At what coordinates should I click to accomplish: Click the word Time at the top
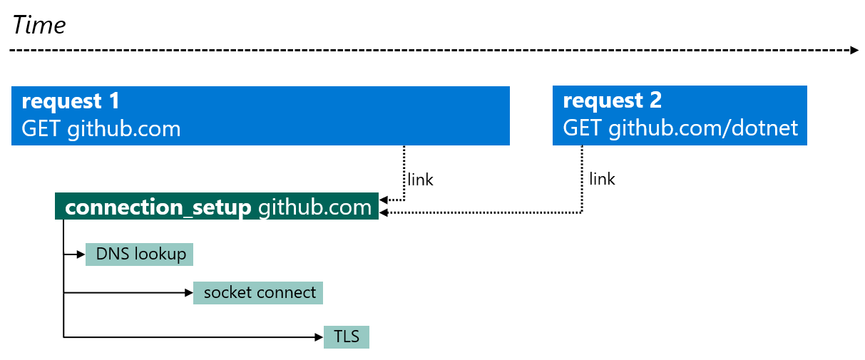click(x=39, y=26)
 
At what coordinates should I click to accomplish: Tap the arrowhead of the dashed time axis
click(x=854, y=51)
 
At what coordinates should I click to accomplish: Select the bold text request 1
click(x=71, y=101)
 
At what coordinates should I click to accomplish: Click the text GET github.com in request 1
click(x=101, y=129)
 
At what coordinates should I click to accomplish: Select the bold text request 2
click(x=613, y=101)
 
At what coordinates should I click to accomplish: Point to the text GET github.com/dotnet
click(x=680, y=129)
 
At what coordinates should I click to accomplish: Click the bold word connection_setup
click(x=158, y=207)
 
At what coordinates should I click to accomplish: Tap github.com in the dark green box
click(x=314, y=207)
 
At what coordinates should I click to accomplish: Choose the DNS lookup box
click(x=139, y=254)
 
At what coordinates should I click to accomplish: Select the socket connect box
click(x=258, y=293)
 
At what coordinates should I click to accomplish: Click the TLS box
click(x=347, y=336)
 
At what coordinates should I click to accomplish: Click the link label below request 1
click(x=420, y=180)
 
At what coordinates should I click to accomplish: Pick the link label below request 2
click(x=603, y=179)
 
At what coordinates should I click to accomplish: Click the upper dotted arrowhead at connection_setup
click(x=384, y=200)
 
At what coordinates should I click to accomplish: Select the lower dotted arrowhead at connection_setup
click(x=384, y=212)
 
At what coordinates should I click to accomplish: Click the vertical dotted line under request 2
click(x=583, y=178)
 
